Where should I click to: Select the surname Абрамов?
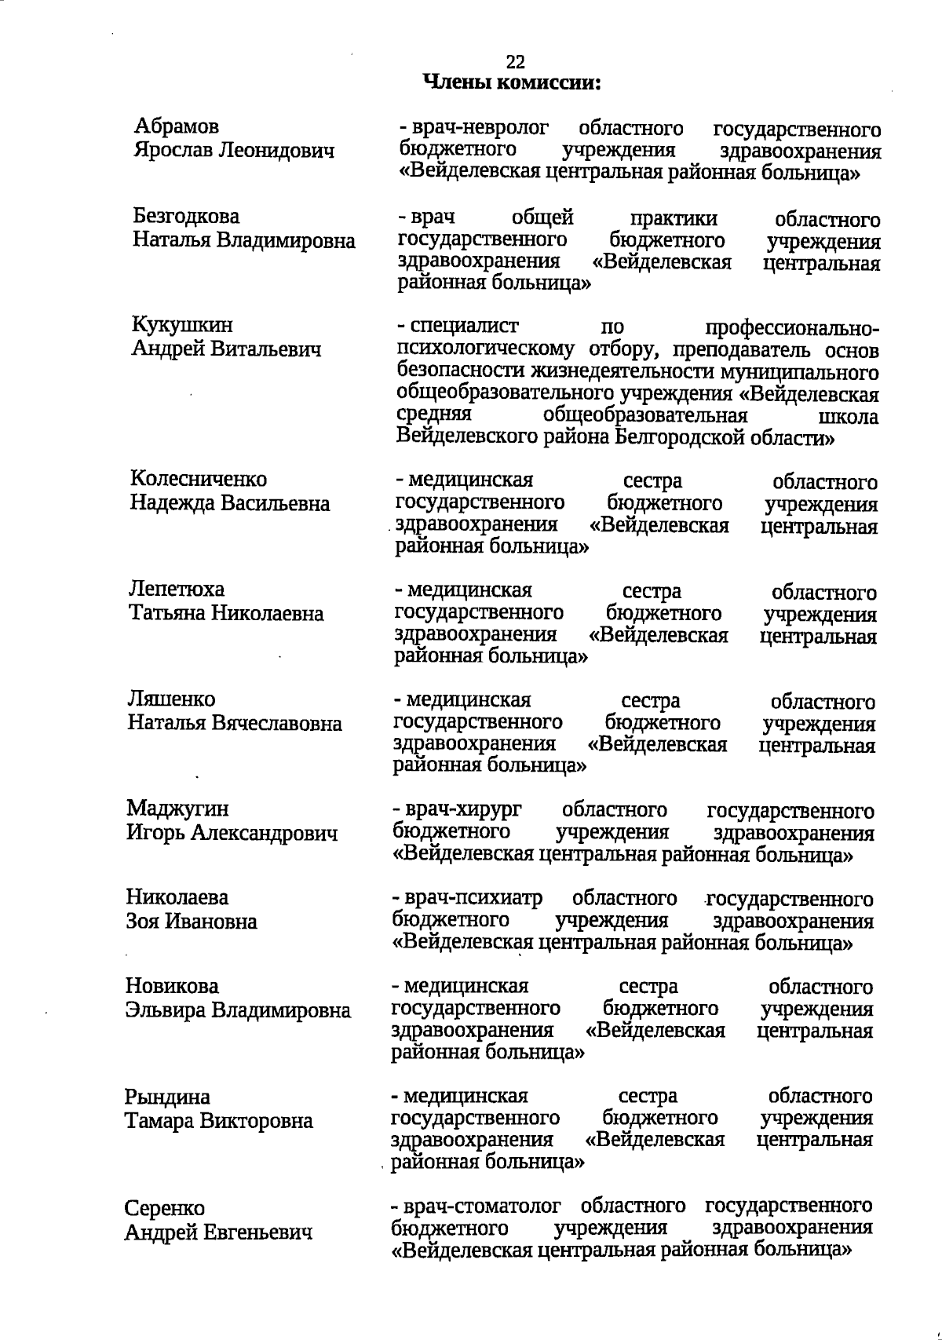[177, 126]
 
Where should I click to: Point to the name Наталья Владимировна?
[243, 240]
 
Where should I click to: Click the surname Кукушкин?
[182, 325]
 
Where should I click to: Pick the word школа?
[849, 417]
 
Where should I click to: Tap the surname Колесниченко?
[199, 479]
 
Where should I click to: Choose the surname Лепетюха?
[177, 589]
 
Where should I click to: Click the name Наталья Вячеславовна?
[235, 723]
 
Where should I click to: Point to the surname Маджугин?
[177, 809]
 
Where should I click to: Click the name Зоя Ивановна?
[192, 921]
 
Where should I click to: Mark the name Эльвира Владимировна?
[238, 1010]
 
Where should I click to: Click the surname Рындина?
[167, 1097]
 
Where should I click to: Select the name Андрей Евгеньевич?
[218, 1233]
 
